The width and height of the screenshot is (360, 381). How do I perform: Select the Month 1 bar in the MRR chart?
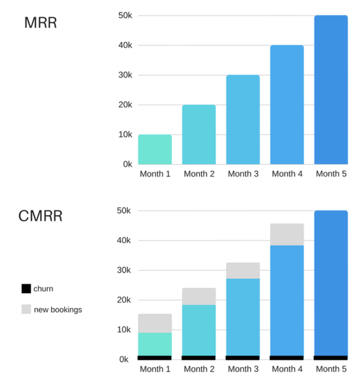click(x=155, y=149)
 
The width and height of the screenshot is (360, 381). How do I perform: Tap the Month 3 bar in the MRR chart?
click(x=243, y=120)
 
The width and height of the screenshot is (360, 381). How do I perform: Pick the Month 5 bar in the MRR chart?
click(x=331, y=90)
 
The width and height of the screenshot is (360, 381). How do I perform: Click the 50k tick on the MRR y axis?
click(x=125, y=15)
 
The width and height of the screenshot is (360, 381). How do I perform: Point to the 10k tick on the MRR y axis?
click(x=125, y=134)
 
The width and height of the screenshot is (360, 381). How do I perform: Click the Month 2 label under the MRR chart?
click(x=199, y=174)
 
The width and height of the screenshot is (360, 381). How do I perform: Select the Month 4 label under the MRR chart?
click(x=287, y=174)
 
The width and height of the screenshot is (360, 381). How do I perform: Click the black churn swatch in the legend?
click(x=26, y=289)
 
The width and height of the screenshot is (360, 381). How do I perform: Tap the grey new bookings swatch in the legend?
click(x=26, y=309)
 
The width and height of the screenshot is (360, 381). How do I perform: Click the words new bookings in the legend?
click(x=58, y=309)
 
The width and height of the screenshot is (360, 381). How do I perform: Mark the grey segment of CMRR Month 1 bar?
click(x=155, y=323)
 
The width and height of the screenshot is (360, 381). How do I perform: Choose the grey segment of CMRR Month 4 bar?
click(x=287, y=234)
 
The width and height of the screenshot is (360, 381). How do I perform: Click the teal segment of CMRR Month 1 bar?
click(x=155, y=344)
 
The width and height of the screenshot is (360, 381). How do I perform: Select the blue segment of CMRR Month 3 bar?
click(x=243, y=317)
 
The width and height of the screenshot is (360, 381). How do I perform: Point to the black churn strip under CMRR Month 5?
click(x=331, y=357)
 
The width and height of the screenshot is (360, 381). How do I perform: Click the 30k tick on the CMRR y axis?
click(x=125, y=270)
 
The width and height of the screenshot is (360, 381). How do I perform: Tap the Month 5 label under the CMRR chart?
click(x=331, y=369)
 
